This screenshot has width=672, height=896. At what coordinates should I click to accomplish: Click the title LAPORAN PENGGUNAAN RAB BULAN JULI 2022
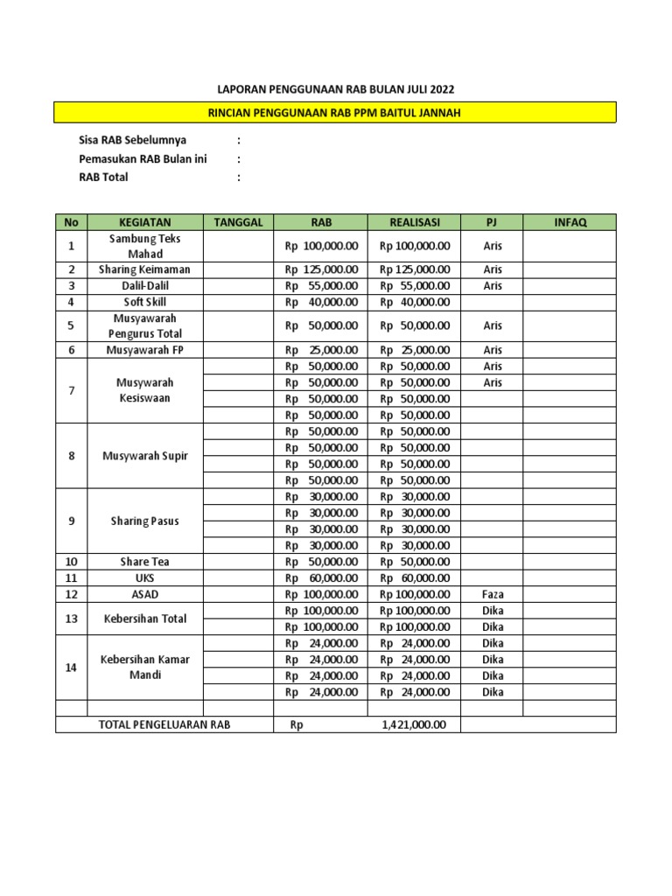pyautogui.click(x=336, y=89)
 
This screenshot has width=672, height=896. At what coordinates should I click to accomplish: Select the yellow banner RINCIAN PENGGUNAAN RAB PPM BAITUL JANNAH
pyautogui.click(x=335, y=112)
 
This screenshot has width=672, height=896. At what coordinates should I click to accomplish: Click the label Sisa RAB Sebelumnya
pyautogui.click(x=132, y=140)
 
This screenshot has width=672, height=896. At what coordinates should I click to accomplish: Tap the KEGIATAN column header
pyautogui.click(x=144, y=222)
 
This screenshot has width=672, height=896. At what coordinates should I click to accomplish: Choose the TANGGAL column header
pyautogui.click(x=239, y=222)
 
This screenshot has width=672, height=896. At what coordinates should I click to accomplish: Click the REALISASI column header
pyautogui.click(x=415, y=222)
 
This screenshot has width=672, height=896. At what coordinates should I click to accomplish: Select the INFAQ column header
pyautogui.click(x=570, y=222)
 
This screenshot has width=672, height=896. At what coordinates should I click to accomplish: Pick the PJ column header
pyautogui.click(x=493, y=222)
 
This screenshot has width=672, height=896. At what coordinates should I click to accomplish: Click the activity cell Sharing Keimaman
pyautogui.click(x=144, y=269)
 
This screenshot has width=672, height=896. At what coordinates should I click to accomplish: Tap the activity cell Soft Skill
pyautogui.click(x=144, y=302)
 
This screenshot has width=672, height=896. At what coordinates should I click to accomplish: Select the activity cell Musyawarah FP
pyautogui.click(x=144, y=350)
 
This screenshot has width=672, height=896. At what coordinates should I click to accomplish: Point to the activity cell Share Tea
pyautogui.click(x=144, y=562)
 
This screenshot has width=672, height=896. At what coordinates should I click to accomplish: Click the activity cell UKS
pyautogui.click(x=144, y=578)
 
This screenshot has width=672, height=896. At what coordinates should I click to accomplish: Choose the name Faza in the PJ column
pyautogui.click(x=493, y=594)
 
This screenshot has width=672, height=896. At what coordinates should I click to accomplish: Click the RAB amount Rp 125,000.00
pyautogui.click(x=321, y=269)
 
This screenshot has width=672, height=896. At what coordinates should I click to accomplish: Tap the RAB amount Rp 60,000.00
pyautogui.click(x=321, y=578)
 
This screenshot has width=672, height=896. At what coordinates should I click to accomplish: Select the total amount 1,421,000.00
pyautogui.click(x=414, y=724)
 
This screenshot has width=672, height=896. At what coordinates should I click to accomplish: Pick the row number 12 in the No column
pyautogui.click(x=72, y=594)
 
